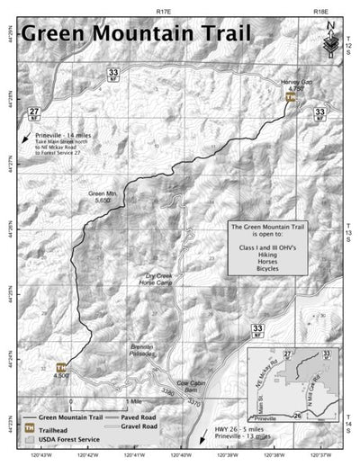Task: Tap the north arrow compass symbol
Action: coord(330,36)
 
